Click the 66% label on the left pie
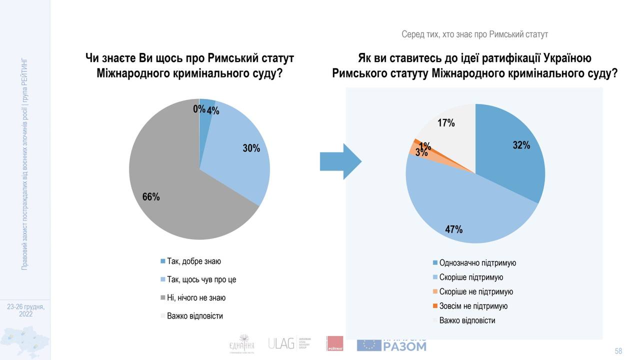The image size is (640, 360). coord(151,197)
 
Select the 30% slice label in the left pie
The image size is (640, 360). coord(251,148)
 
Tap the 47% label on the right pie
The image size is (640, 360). coord(454,229)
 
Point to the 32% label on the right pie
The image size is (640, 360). coord(521,145)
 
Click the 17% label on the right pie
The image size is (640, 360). coord(446,122)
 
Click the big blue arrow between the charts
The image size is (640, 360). coord(340,161)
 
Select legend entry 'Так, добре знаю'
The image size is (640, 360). coord(194,261)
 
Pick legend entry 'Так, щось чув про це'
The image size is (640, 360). coord(201,279)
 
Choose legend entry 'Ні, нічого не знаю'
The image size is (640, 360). coord(196,298)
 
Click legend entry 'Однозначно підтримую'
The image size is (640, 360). coord(477,263)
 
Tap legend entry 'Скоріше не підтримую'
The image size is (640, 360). coord(476,292)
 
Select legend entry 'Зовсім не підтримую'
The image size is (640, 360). coord(473,306)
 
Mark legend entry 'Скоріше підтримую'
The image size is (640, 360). coord(471,277)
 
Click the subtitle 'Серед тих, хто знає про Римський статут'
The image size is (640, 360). coord(474,34)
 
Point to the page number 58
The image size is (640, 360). coord(618,351)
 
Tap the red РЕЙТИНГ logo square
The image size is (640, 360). coord(334,343)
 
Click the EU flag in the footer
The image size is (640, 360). coord(369,344)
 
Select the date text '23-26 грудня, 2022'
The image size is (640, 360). coord(25,310)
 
